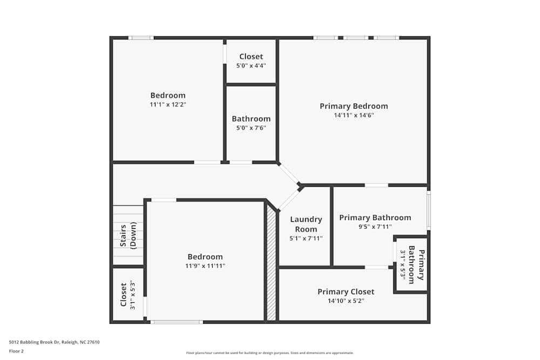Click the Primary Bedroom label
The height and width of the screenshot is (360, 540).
tap(354, 106)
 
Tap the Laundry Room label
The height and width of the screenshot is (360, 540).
tap(306, 224)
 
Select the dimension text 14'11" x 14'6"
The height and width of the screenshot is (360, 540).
tap(354, 115)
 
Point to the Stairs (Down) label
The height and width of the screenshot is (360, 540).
tap(128, 236)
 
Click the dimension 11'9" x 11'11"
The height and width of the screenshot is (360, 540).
tap(205, 266)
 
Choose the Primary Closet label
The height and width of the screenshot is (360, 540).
tap(346, 291)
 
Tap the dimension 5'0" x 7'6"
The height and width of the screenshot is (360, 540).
tap(251, 128)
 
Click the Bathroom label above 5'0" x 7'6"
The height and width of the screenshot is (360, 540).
tap(251, 119)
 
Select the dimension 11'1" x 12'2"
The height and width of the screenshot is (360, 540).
tap(168, 104)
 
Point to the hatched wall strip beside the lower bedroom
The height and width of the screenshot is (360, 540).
tap(272, 264)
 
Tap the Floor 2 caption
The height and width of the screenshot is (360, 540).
tap(16, 351)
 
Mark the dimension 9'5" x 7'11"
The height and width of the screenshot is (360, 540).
tap(375, 227)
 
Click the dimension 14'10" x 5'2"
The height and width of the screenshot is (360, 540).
tap(346, 301)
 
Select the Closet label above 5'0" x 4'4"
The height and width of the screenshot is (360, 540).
tap(251, 56)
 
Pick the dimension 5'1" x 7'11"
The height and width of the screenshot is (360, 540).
tap(306, 238)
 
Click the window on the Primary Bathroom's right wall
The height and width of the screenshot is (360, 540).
tap(429, 210)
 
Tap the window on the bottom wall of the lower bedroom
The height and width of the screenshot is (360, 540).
tap(176, 322)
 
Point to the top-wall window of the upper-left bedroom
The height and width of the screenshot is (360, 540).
tap(141, 38)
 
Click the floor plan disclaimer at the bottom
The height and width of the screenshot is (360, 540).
tap(270, 353)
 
